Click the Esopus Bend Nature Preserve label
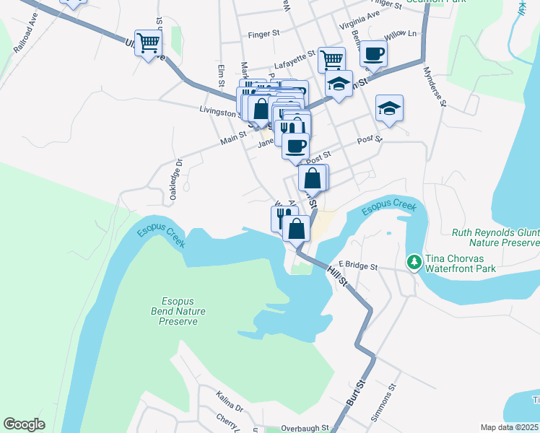tap(178, 311)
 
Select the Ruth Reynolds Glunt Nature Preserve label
tap(495, 238)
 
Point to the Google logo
tap(25, 424)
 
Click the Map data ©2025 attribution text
tap(509, 427)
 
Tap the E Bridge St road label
tap(357, 266)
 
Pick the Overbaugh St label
tap(305, 428)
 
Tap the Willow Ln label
tap(401, 34)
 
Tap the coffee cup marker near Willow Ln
tap(373, 52)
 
